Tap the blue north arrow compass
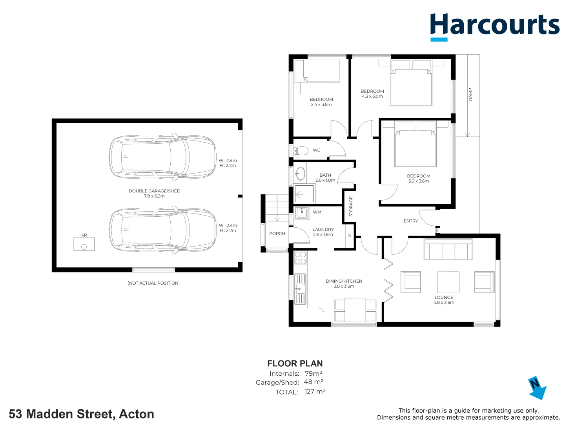click(537, 388)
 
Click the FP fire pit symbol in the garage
click(84, 244)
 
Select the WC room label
click(317, 150)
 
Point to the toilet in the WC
click(301, 150)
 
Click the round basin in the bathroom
click(300, 173)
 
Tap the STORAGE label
click(351, 207)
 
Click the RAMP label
click(470, 94)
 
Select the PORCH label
click(277, 234)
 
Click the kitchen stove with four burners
click(300, 258)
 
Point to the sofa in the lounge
click(448, 250)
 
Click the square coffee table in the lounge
click(448, 282)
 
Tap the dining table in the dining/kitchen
click(355, 310)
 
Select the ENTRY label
click(411, 221)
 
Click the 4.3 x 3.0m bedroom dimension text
click(372, 97)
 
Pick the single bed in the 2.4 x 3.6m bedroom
click(317, 71)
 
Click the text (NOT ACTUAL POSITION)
click(153, 283)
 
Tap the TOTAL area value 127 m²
click(315, 391)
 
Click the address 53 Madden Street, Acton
click(82, 414)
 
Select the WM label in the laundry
click(317, 212)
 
